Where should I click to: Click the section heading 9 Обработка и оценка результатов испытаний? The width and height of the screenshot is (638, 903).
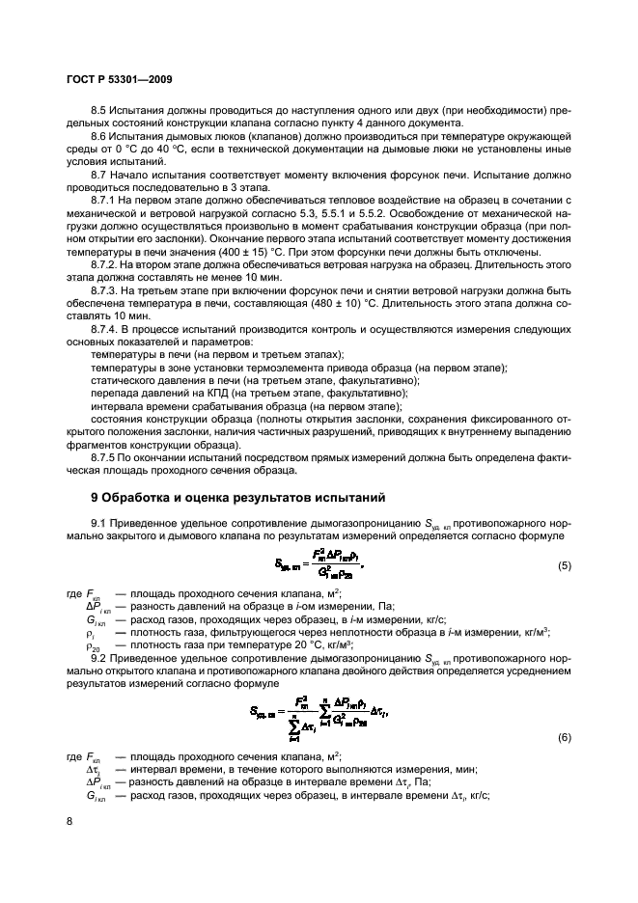pyautogui.click(x=238, y=498)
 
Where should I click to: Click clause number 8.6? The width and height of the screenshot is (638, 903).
pyautogui.click(x=101, y=141)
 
